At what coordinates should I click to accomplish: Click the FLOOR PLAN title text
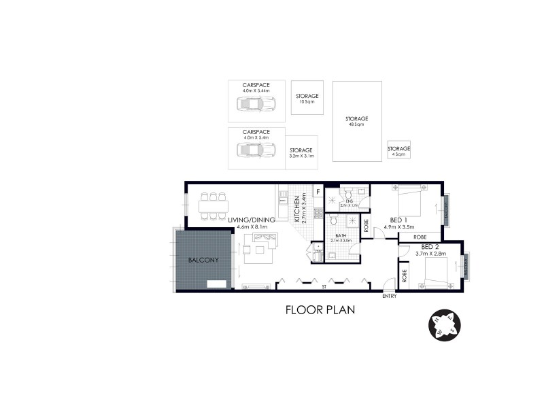tap(320, 310)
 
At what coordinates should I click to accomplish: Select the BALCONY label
tap(203, 259)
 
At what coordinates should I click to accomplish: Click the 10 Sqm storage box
tap(307, 99)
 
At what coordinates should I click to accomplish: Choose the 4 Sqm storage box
tap(399, 151)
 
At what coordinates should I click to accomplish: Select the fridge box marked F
tap(318, 192)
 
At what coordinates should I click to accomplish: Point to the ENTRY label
tap(389, 296)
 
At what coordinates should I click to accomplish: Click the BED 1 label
tap(399, 220)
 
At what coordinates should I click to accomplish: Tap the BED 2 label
tap(430, 246)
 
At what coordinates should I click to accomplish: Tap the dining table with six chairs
tap(212, 206)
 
